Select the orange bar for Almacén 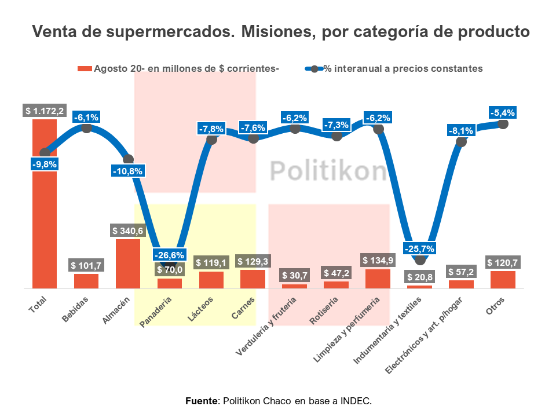(128, 264)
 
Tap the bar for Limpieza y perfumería (378, 279)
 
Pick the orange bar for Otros (503, 280)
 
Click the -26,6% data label (169, 255)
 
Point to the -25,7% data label (419, 248)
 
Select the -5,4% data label (502, 112)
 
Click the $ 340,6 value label (128, 231)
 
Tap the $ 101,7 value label (86, 266)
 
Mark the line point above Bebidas (86, 128)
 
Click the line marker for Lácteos (211, 139)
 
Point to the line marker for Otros (503, 124)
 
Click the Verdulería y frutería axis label (267, 325)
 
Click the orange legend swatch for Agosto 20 (85, 69)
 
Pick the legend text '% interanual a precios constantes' (403, 69)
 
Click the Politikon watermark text (328, 171)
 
